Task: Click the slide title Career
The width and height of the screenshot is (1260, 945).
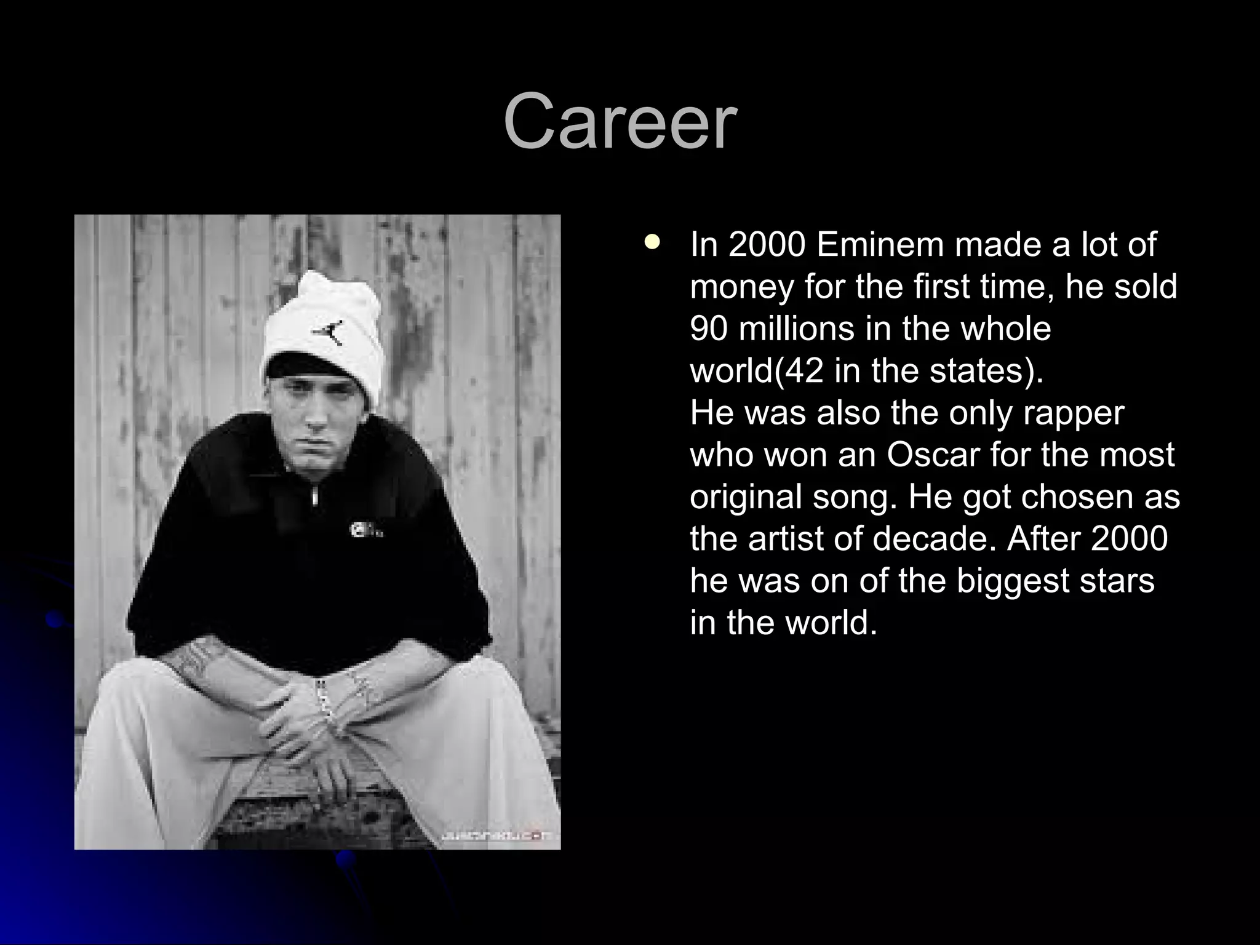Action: click(x=620, y=121)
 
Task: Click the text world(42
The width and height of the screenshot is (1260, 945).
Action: click(x=756, y=370)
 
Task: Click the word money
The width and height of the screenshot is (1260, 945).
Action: click(x=742, y=286)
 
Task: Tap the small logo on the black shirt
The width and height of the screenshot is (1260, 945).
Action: click(x=363, y=529)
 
